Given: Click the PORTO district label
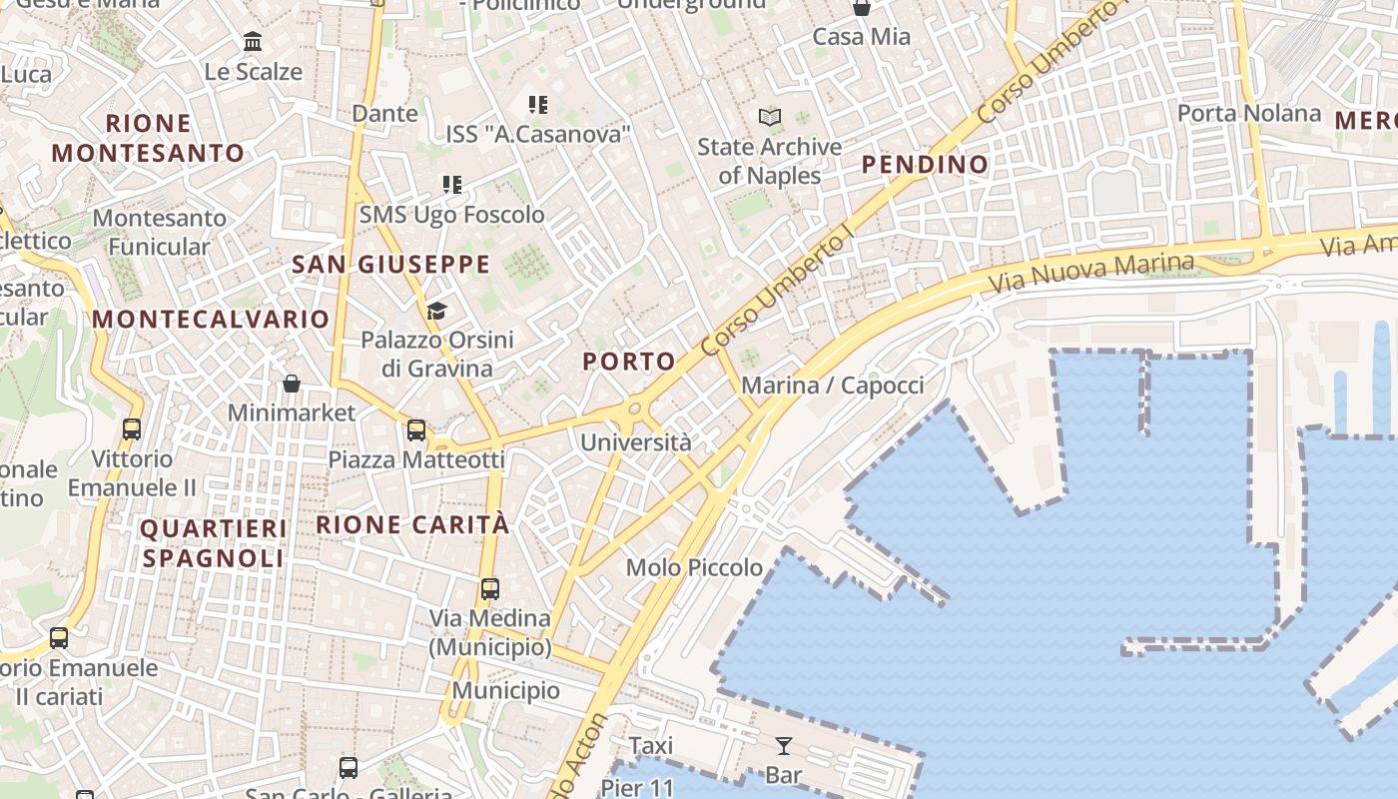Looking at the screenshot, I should [x=628, y=362].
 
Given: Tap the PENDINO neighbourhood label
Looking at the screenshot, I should [x=925, y=164].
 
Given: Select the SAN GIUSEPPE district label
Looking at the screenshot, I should [x=390, y=265].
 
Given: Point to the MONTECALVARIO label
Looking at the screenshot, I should [x=210, y=320].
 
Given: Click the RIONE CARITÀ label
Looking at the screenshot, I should [x=412, y=524].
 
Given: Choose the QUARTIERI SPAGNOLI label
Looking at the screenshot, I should [x=214, y=542].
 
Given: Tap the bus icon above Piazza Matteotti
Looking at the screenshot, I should [x=416, y=430].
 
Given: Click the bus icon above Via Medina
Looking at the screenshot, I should [x=489, y=588].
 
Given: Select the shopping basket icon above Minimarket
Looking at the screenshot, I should [x=292, y=384].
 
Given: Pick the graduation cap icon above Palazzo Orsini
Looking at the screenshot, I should [x=436, y=311].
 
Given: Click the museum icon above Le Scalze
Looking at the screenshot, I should [x=253, y=42].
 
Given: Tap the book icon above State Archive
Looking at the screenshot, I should [x=769, y=118].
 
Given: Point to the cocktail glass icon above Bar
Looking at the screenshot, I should [x=783, y=745].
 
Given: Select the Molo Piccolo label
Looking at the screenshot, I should [x=694, y=567].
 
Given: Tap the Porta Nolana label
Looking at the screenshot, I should [x=1249, y=113].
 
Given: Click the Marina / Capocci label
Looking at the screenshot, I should [x=833, y=385].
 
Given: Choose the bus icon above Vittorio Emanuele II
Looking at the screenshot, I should [x=131, y=429].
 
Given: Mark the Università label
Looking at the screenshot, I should [x=635, y=441].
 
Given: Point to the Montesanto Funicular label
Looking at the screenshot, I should [x=160, y=232].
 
